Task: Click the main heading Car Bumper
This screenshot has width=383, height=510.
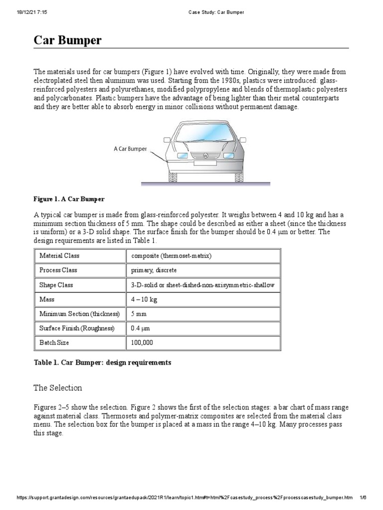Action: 67,40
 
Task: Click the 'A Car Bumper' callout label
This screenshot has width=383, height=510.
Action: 130,148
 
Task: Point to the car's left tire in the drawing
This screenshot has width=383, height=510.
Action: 173,177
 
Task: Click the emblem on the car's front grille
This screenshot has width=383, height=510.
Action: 205,155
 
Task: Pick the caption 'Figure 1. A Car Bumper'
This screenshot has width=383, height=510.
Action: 69,199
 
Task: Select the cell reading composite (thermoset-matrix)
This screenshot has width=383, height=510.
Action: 172,255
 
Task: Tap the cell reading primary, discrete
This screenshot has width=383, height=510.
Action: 154,270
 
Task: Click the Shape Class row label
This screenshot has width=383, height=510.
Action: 56,285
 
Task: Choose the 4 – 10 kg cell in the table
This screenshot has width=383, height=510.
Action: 144,299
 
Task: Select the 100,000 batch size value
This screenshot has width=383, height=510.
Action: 142,343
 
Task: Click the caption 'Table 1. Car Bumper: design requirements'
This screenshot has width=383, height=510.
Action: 102,363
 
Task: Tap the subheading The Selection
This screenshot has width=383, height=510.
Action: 58,387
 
